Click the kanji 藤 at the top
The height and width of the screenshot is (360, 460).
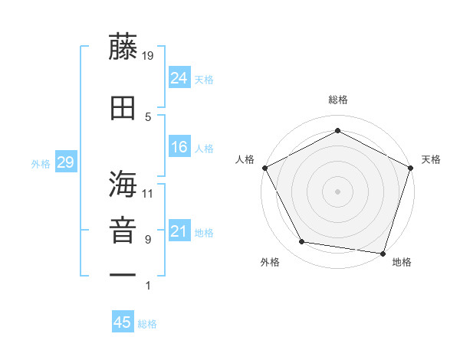click(x=123, y=47)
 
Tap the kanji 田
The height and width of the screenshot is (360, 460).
click(x=123, y=109)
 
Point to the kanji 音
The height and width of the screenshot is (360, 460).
click(x=123, y=231)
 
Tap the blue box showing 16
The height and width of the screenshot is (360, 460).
click(x=179, y=147)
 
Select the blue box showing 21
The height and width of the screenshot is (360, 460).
click(x=179, y=231)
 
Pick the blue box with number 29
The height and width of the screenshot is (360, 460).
click(x=65, y=162)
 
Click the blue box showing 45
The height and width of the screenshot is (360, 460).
click(x=123, y=322)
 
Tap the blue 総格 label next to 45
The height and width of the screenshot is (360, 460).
click(x=147, y=323)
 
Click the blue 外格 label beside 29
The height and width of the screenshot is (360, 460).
click(x=41, y=163)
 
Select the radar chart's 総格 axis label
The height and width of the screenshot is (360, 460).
click(x=338, y=100)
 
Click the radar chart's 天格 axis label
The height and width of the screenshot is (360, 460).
click(x=432, y=159)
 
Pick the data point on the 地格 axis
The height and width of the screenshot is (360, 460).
click(x=383, y=253)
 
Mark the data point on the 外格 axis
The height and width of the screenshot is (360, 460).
click(x=302, y=242)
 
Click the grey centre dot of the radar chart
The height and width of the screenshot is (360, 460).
click(x=338, y=191)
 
